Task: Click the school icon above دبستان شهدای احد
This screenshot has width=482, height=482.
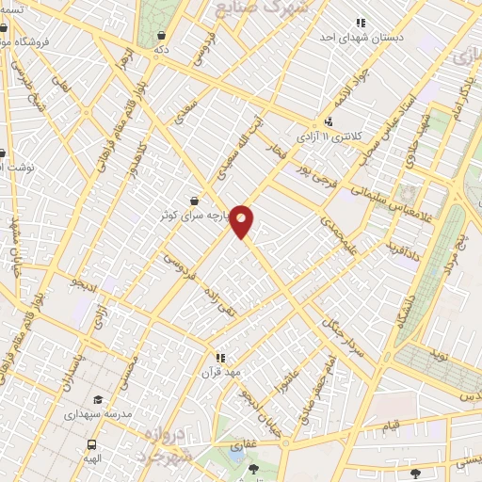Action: pos(361,23)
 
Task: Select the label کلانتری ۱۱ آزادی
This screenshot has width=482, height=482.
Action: pos(329,137)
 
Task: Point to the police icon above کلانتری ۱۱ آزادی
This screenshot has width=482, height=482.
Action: pos(329,122)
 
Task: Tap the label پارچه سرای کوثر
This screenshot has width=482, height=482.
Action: pos(192,215)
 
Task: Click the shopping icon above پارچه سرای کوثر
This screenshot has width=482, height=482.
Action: pos(194,201)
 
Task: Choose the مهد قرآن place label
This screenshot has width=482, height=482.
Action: pos(226,372)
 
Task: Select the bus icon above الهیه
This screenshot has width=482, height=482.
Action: pos(92,444)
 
